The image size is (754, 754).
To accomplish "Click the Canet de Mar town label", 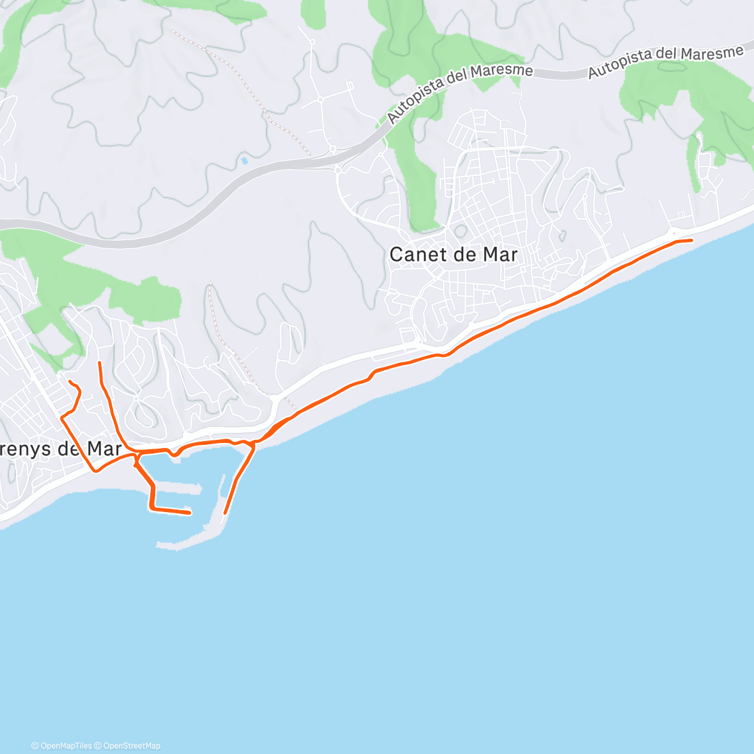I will (453, 254).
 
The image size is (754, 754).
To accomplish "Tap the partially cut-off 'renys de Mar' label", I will (60, 449).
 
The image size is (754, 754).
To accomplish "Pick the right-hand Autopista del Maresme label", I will (665, 62).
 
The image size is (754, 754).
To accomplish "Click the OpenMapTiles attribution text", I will (62, 746).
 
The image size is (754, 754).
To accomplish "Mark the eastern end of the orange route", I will (691, 240).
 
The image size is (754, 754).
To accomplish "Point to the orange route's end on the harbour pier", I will (189, 513).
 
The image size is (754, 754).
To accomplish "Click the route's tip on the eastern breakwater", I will (225, 513).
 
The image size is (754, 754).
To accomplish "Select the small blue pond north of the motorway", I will (244, 161).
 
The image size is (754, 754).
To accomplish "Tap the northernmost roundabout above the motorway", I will (312, 42).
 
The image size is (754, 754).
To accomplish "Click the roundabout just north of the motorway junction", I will (332, 149).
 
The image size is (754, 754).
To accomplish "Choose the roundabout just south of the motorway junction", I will (337, 170).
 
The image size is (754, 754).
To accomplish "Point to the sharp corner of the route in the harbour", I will (151, 506).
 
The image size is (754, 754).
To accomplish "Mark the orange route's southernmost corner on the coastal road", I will (96, 470).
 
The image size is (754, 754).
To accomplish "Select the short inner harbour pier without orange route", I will (188, 487).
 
